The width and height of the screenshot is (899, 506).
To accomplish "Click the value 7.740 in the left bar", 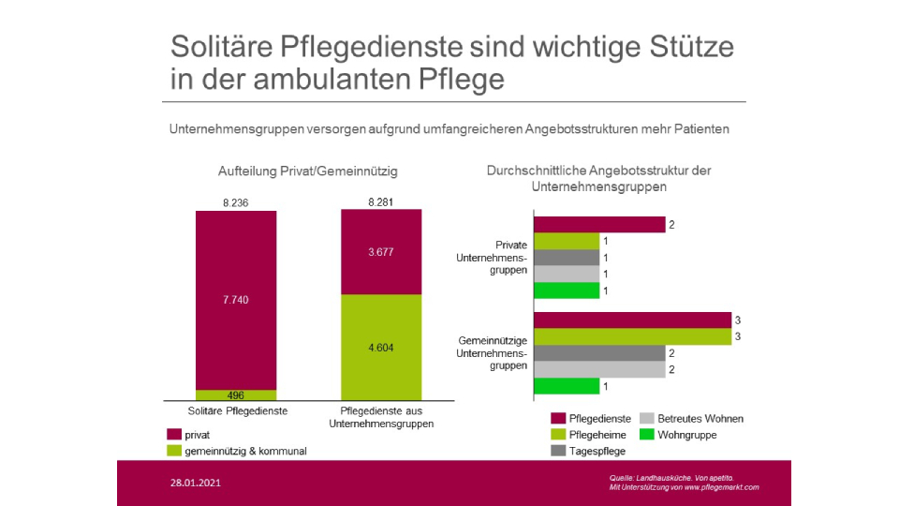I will (235, 300).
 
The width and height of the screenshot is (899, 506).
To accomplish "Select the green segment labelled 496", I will (235, 395).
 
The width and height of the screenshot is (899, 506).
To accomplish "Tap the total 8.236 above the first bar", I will (235, 202).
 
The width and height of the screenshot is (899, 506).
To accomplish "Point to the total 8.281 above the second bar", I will (381, 202).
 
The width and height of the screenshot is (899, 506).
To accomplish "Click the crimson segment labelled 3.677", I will (381, 251).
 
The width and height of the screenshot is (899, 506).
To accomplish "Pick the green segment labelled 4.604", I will (381, 347).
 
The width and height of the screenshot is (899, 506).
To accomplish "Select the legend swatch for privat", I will (174, 435).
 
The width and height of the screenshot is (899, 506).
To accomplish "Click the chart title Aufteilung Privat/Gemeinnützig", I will (307, 171).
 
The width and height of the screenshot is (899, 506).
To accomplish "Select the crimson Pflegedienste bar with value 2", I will (598, 224).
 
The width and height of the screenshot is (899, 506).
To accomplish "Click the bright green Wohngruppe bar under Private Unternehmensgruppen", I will (566, 290).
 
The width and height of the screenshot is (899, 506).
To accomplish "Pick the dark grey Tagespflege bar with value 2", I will (598, 353).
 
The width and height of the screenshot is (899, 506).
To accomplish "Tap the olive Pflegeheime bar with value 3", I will (631, 336).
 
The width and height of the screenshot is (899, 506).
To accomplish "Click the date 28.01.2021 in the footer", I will (196, 484).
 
